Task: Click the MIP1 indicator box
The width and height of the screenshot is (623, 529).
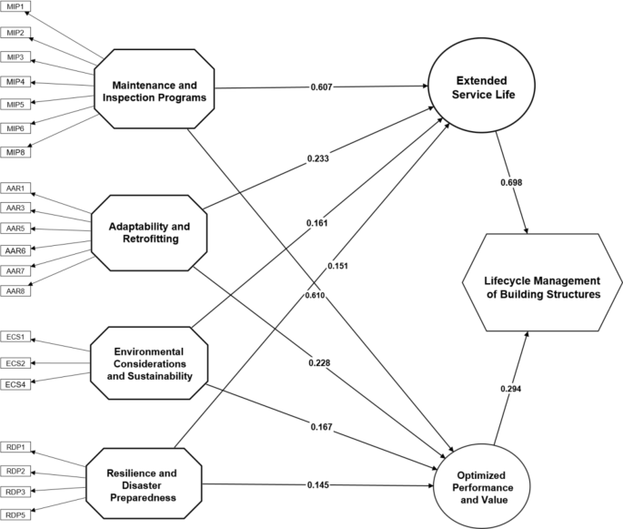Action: [x=15, y=9]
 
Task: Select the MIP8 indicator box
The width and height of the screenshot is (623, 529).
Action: [x=15, y=151]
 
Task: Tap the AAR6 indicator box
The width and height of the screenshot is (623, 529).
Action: [x=15, y=250]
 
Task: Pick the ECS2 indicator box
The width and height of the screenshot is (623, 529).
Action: [x=15, y=363]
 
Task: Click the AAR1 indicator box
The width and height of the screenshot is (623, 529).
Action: [x=15, y=188]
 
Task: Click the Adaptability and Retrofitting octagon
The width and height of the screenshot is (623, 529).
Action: [x=151, y=230]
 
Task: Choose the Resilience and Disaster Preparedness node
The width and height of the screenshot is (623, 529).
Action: [x=144, y=479]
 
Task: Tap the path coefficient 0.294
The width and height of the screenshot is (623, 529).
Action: [x=511, y=389]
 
